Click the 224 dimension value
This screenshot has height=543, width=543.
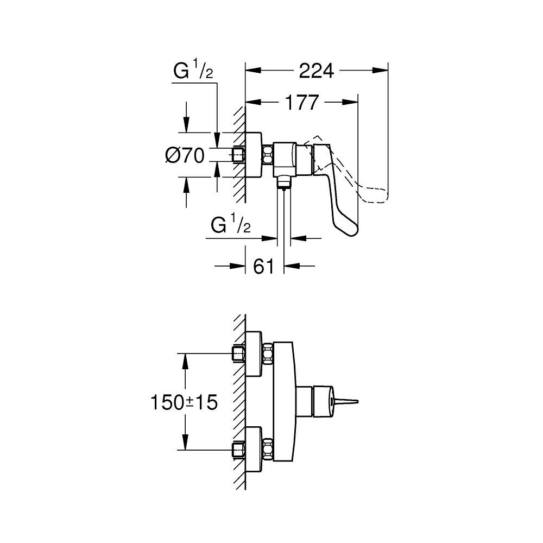pyautogui.click(x=316, y=71)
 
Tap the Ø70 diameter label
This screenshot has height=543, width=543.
pyautogui.click(x=184, y=156)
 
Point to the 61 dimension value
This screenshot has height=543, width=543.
pyautogui.click(x=263, y=266)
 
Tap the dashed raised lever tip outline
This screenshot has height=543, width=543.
pyautogui.click(x=375, y=194)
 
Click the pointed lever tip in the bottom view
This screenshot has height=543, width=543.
pyautogui.click(x=348, y=402)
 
